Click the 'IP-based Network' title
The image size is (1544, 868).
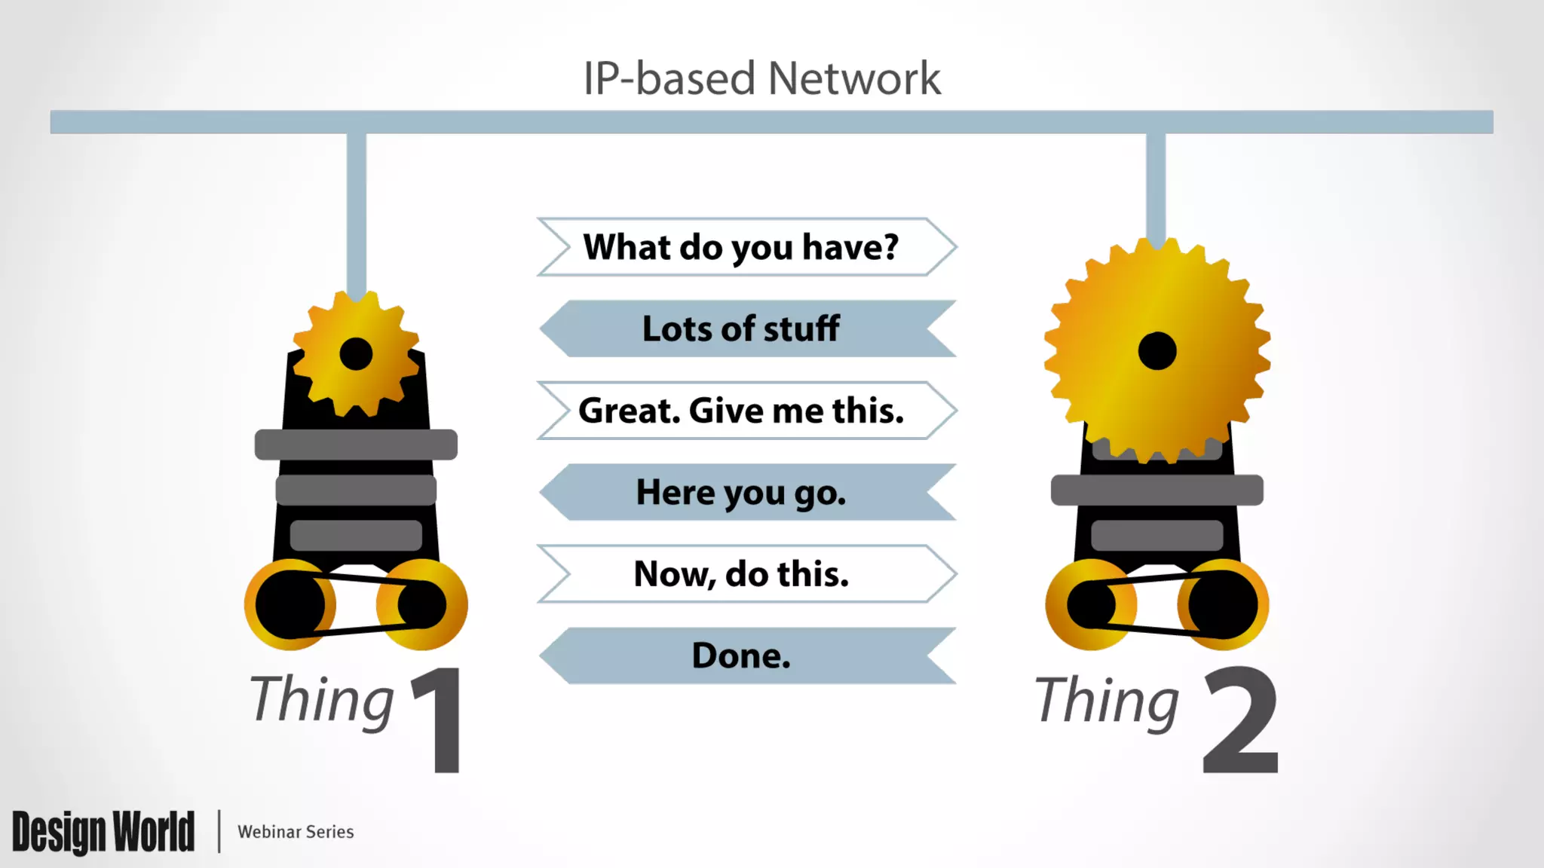tap(761, 78)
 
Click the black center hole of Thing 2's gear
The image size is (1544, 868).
tap(1157, 351)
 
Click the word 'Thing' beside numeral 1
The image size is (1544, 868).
tap(322, 701)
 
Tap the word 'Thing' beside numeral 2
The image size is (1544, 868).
tap(1107, 701)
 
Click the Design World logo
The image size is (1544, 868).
tap(103, 832)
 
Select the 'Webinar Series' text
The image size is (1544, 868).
tap(296, 832)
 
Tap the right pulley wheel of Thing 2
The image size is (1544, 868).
tap(1224, 604)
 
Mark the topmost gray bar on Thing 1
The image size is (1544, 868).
tap(356, 445)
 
